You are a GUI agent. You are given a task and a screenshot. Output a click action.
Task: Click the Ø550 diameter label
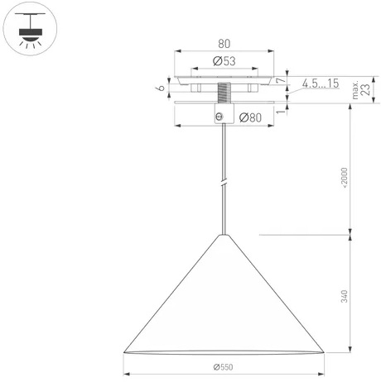point(223,367)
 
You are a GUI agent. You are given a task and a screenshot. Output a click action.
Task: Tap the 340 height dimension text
point(345,296)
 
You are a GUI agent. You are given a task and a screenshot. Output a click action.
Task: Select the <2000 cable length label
point(345,178)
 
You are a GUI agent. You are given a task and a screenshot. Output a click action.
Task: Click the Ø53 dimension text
point(224,61)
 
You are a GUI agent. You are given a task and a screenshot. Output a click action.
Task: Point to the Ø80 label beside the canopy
point(250,117)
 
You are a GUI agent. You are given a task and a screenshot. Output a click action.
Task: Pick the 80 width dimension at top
point(224,44)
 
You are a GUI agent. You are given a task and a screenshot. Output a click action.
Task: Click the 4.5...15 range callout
point(321,84)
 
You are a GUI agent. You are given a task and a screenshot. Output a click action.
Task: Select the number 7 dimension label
point(280,80)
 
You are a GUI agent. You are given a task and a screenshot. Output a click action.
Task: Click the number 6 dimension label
point(161,88)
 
